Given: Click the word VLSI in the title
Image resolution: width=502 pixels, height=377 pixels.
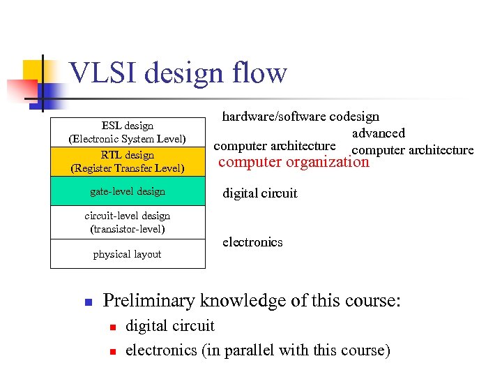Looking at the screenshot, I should point(102,73).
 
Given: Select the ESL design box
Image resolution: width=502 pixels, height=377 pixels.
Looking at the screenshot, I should point(128,132).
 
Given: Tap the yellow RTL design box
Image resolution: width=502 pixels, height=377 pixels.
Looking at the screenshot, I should point(128,161).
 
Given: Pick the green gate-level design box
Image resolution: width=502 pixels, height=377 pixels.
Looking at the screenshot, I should point(128,191).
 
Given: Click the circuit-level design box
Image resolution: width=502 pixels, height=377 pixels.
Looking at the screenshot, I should point(128,222).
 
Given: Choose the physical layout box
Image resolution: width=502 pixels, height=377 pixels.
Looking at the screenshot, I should point(128,254).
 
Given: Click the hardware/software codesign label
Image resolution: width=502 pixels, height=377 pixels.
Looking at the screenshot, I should point(301,117).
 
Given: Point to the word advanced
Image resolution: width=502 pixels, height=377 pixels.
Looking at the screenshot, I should point(378,133).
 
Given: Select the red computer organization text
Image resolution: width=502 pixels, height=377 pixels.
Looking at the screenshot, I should point(294,162).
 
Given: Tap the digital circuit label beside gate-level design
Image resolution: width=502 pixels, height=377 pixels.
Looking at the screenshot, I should point(259,193).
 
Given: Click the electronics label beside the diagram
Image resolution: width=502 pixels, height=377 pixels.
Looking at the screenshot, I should point(252,242).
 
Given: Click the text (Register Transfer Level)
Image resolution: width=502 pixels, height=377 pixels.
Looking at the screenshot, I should point(128,168).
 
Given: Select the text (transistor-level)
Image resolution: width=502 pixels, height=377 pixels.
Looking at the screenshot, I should point(128,229).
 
